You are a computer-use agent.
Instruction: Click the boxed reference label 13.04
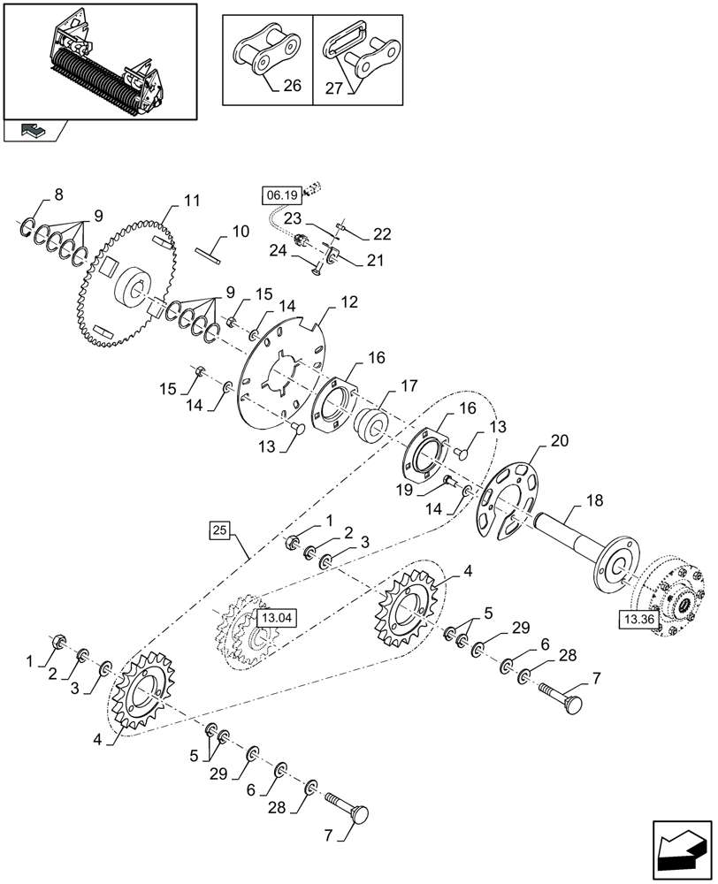coord(272,618)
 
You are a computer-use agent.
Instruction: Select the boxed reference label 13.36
coord(639,621)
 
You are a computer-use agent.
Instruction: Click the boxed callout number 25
coord(220,530)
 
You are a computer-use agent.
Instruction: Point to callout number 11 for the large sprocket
coord(193,200)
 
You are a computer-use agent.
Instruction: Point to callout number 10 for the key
coord(241,232)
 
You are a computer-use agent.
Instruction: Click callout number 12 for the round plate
coord(349,301)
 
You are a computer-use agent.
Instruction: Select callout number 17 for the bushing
coord(409,386)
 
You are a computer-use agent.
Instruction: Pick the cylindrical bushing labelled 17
coord(378,420)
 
